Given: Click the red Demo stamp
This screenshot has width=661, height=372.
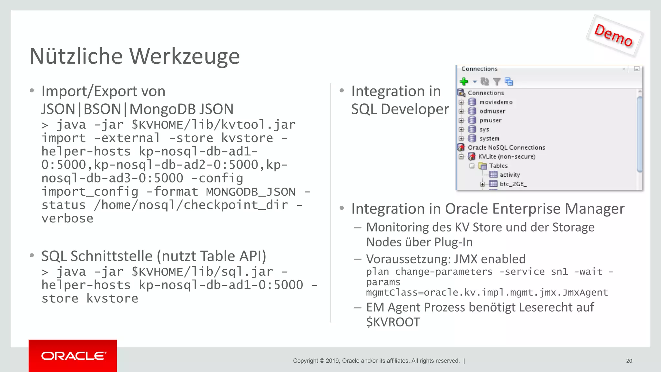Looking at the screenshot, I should coord(614,36).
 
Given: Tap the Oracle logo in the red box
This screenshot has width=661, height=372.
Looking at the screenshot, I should coord(73,356).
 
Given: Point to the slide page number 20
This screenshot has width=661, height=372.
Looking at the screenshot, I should coord(629,361).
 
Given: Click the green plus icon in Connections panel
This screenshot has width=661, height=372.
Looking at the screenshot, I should coord(464,81).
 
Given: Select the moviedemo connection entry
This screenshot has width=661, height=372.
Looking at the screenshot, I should coord(496,102).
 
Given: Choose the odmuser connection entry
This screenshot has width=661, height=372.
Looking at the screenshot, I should coord(492,111).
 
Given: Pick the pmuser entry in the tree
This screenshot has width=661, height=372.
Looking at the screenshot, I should coord(490,120).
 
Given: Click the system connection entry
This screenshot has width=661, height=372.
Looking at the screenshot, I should coord(489,139).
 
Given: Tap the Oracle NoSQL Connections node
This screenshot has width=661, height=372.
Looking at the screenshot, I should coord(506,148).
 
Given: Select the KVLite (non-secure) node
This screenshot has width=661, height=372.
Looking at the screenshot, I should coord(507,157).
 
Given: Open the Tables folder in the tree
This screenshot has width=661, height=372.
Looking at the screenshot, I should coord(498,166).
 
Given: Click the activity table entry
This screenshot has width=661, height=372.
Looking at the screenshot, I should coord(510,175).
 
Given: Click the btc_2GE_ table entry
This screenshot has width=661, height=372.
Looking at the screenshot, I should coord(513,184).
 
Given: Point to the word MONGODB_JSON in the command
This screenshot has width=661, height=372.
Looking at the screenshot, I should coord(251,192).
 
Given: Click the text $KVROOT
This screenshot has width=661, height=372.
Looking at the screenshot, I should coord(393,322).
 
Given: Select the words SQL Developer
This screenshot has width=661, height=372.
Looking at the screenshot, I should coord(400,109).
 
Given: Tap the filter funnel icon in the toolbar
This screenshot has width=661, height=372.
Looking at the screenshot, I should coord(497,82).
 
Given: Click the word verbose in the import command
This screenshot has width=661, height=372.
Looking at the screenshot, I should coord(67,219).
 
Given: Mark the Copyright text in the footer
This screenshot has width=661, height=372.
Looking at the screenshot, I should coord(376,361).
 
